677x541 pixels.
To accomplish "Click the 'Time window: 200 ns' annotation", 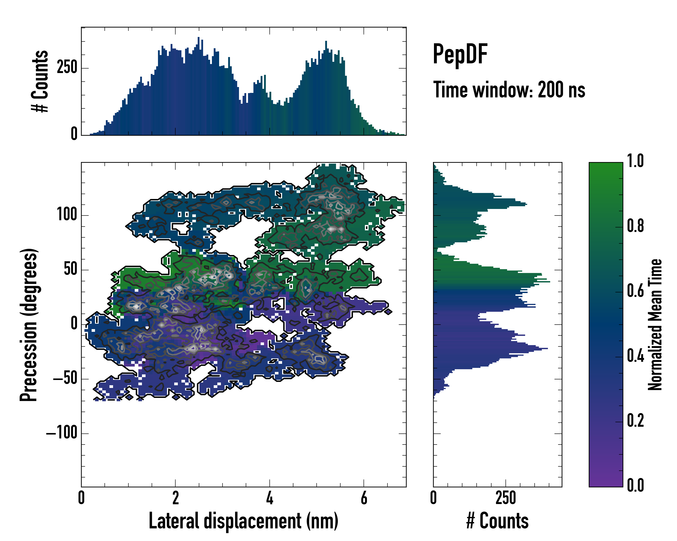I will (509, 90).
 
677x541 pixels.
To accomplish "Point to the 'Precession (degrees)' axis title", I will (29, 325).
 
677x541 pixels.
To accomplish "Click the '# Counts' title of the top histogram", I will (40, 81).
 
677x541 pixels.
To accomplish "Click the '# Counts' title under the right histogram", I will (497, 521).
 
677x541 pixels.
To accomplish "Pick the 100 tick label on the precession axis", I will (67, 215).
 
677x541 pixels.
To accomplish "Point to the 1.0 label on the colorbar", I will (635, 161).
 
